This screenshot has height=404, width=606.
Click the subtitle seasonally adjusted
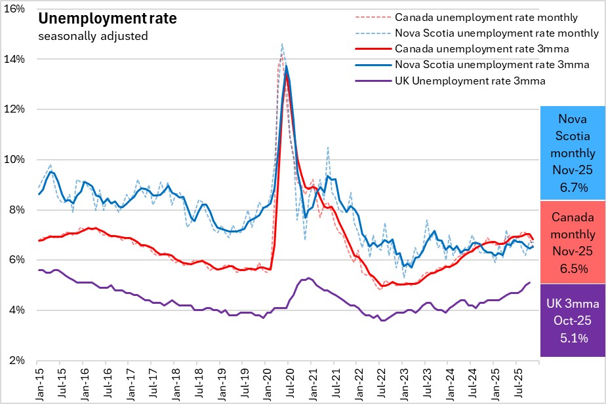click(93, 36)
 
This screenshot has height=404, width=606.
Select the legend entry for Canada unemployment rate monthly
click(486, 17)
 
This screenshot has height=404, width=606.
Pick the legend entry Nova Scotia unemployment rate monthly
click(497, 33)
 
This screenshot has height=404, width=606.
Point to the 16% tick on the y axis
click(16, 9)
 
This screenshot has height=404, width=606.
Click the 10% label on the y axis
click(16, 160)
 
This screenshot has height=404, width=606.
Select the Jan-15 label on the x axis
click(37, 383)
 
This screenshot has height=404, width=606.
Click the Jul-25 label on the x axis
click(516, 383)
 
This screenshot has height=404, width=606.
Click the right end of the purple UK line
click(530, 282)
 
